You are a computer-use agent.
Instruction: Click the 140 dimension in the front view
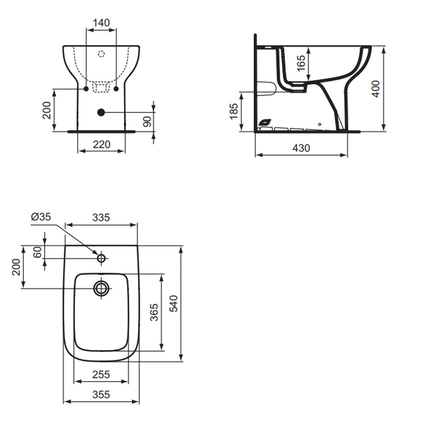point(101,22)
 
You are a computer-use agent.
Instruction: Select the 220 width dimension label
point(101,144)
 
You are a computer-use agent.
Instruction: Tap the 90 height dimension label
point(146,122)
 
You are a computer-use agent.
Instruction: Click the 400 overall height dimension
point(375,89)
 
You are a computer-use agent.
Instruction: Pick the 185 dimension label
point(234,111)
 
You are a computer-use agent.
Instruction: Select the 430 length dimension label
point(301,148)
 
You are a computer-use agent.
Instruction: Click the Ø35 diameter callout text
point(41,217)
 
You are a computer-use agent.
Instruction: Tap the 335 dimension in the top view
point(101,217)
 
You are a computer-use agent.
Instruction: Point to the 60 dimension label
point(37,252)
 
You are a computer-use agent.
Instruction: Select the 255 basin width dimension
point(101,374)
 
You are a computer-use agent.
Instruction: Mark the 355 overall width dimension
point(101,394)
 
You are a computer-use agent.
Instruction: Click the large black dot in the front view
point(100,112)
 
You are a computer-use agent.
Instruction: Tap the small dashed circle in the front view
point(101,54)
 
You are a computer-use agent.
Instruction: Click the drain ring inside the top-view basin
point(101,288)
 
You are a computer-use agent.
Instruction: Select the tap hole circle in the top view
point(101,258)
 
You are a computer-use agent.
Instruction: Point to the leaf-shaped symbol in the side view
point(264,122)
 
